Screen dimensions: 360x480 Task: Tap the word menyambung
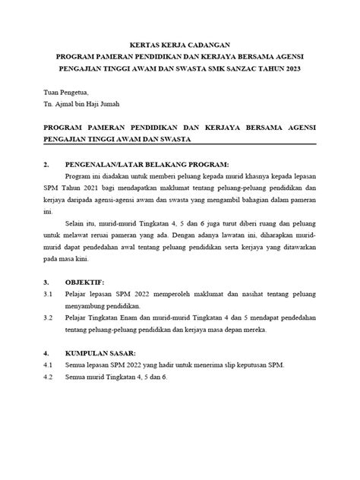[92, 305]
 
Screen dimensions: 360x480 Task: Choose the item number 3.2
[48, 317]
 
